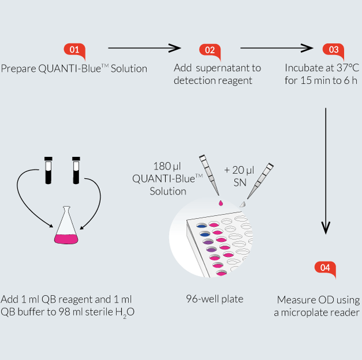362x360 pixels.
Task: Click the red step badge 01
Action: coord(75,50)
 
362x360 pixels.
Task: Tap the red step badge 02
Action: coord(210,50)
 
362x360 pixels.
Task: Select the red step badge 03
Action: coord(333,50)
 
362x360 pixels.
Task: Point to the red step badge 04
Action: coord(325,268)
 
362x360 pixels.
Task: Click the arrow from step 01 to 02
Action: coord(145,48)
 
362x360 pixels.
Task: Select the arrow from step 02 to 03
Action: coord(276,48)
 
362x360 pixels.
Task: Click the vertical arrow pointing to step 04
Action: coord(326,171)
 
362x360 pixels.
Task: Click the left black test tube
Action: coord(48,170)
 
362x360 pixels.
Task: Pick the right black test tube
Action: coord(76,170)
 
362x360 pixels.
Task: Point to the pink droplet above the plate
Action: coord(221,203)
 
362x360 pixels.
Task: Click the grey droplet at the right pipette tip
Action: coord(242,204)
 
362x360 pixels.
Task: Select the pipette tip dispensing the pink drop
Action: coord(209,175)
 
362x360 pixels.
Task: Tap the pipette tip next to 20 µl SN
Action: coord(260,181)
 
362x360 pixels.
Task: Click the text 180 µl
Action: coord(167,166)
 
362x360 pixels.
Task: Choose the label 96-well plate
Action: coord(215,299)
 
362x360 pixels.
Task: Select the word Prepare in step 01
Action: coord(19,69)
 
